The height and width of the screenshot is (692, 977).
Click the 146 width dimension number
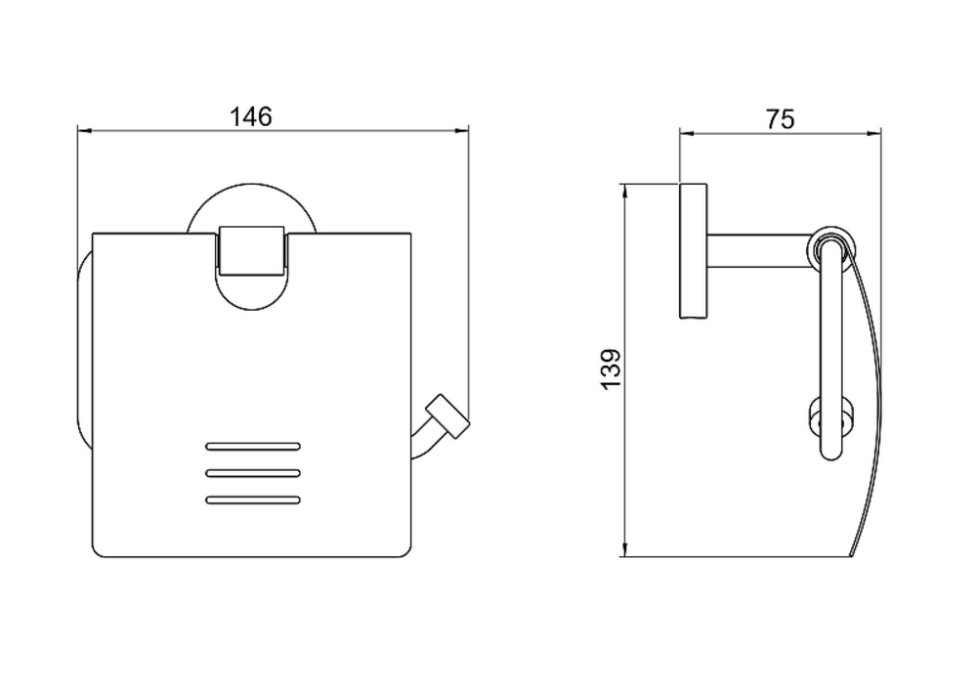tap(251, 116)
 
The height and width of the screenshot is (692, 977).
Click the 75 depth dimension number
tap(780, 118)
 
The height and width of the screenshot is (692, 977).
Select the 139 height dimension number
tap(612, 369)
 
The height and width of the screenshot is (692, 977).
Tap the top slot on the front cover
tap(253, 447)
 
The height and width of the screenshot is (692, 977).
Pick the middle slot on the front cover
tap(253, 473)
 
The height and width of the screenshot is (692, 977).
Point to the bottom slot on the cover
tap(253, 500)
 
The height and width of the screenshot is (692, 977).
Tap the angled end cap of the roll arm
tap(447, 416)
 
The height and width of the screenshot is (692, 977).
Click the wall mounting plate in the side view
tap(693, 251)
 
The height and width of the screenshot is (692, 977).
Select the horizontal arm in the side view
tap(760, 250)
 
